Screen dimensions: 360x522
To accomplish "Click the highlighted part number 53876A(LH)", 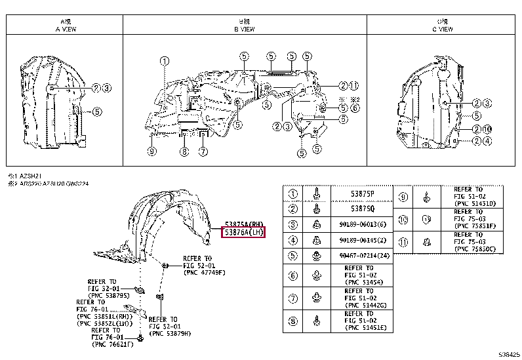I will coord(243,232).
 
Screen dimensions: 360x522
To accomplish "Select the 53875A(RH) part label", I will coord(243,223).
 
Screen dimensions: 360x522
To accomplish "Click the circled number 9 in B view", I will coord(151,152).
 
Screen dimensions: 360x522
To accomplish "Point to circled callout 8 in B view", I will coord(184,152).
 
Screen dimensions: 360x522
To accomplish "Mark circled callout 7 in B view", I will coord(203,152).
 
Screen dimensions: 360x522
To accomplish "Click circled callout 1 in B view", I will coord(163,61).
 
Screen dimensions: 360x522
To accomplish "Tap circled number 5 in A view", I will coord(97,111).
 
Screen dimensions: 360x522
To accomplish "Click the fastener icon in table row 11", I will coord(426,241).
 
